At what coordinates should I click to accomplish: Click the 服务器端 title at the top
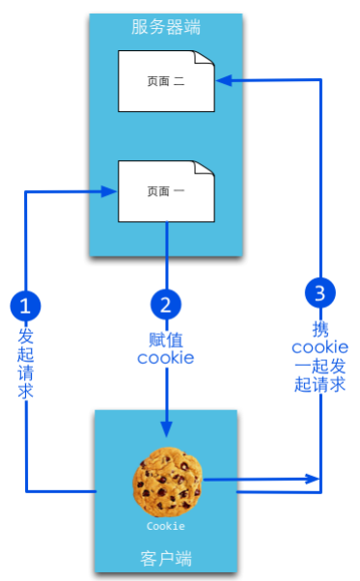tap(165, 27)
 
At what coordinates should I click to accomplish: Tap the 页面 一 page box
tap(165, 191)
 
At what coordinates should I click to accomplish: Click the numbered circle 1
tap(26, 307)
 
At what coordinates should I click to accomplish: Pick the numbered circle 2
tap(166, 305)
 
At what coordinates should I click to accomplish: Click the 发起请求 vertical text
tap(26, 363)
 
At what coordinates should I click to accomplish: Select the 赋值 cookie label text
tap(166, 348)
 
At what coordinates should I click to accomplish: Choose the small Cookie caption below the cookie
tap(166, 527)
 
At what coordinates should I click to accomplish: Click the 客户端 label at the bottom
tap(166, 559)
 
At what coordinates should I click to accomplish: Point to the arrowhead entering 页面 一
tap(111, 191)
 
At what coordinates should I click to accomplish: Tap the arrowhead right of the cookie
tap(315, 478)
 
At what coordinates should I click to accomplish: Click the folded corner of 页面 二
tap(204, 58)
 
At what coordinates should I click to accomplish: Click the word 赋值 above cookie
tap(166, 339)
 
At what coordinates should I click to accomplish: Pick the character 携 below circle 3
tap(319, 326)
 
